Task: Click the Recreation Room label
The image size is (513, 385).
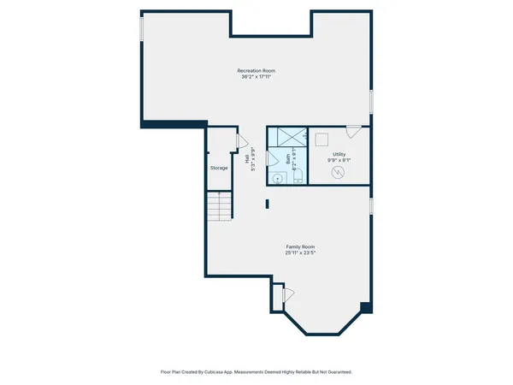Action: click(256, 70)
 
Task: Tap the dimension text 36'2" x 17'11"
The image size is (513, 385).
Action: click(256, 77)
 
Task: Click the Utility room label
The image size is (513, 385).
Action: click(339, 154)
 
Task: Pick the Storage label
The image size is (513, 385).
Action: click(219, 168)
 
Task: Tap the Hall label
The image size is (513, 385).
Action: click(247, 159)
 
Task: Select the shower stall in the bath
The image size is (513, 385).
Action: click(287, 138)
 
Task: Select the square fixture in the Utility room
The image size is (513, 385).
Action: click(323, 139)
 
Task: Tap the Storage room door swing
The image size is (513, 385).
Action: click(240, 141)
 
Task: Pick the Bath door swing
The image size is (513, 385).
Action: click(273, 158)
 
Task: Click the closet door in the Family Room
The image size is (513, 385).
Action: click(286, 294)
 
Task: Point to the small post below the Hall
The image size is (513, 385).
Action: click(268, 204)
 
